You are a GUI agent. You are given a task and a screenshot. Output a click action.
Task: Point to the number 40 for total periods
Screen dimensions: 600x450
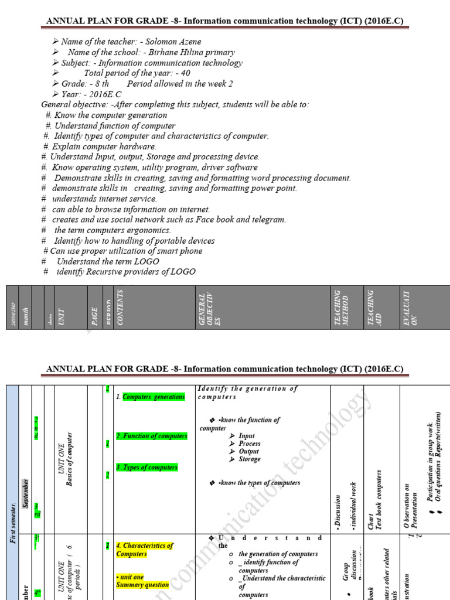click(x=185, y=73)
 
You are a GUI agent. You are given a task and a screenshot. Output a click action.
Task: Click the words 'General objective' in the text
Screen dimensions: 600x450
click(x=74, y=104)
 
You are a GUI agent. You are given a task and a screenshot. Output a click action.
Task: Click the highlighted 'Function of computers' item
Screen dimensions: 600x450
click(x=151, y=436)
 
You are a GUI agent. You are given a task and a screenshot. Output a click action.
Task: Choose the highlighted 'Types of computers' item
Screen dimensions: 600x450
click(x=150, y=468)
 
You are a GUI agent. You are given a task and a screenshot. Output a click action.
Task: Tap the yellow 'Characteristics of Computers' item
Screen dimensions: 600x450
click(x=145, y=550)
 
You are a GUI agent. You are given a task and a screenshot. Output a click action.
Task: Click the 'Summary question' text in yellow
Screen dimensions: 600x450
click(x=142, y=585)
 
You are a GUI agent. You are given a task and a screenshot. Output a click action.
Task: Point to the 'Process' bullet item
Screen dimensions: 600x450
click(x=250, y=444)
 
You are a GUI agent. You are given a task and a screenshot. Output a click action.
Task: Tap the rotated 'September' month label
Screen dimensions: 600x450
click(x=25, y=492)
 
